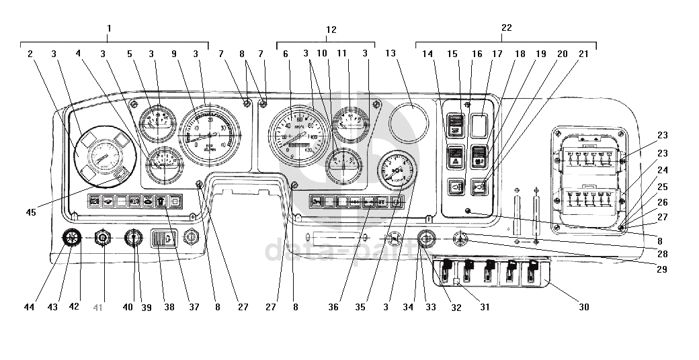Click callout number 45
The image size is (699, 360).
point(31,212)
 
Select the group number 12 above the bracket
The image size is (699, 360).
point(331,30)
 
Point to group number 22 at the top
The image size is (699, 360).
point(506,28)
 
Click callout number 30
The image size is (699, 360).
point(584,307)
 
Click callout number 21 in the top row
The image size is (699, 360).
point(583,53)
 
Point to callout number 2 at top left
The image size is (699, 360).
point(30,53)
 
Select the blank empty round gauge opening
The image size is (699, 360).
point(409,123)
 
